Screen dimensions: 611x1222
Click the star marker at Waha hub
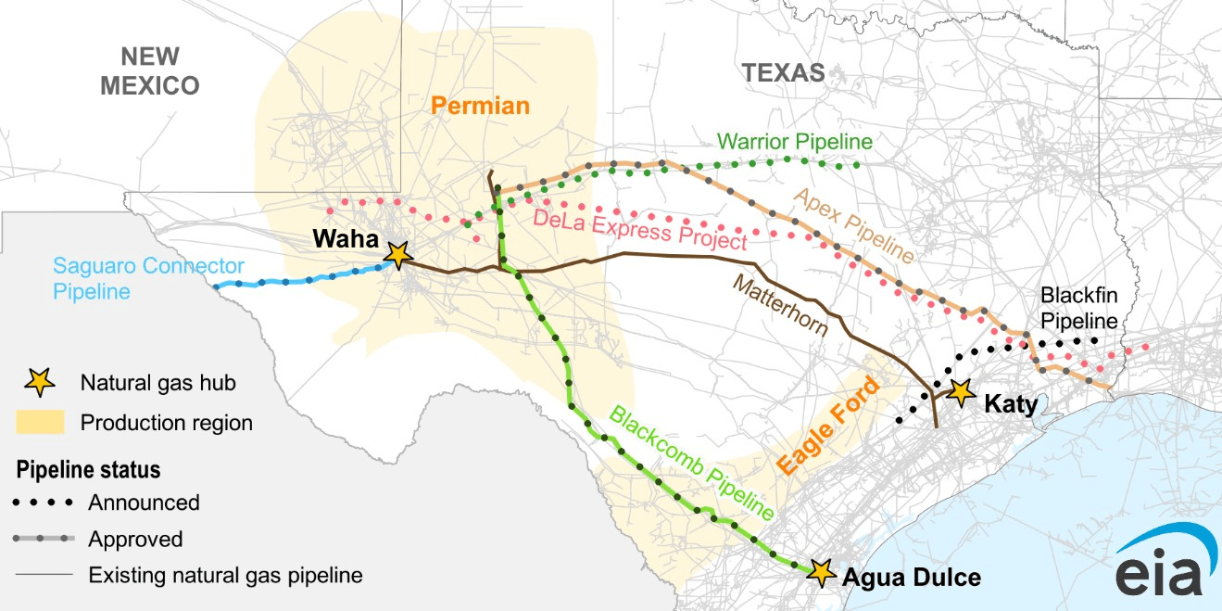tap(398, 254)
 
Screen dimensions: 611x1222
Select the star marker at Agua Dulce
tap(819, 572)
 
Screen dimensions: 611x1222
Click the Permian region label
tap(480, 106)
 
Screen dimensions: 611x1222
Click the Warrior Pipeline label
tap(795, 142)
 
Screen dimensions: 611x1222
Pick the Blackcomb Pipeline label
tap(690, 461)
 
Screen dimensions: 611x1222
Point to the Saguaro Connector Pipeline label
tap(148, 278)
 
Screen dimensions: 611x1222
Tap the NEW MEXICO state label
tap(149, 70)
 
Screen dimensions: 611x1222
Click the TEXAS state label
tap(783, 72)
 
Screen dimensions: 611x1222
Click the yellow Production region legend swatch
tap(40, 423)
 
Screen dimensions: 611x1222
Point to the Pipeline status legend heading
tap(88, 470)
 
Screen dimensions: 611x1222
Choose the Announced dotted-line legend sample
tap(44, 503)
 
